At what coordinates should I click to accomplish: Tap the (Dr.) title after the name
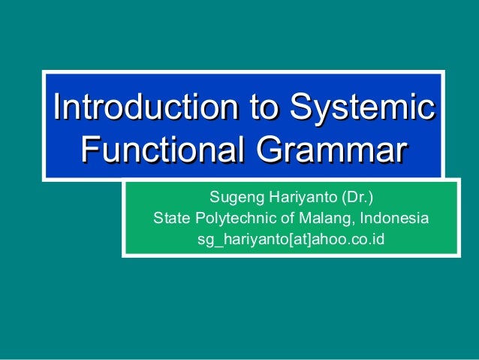[357, 198]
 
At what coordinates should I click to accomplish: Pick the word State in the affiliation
[171, 219]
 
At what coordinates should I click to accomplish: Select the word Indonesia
[395, 219]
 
